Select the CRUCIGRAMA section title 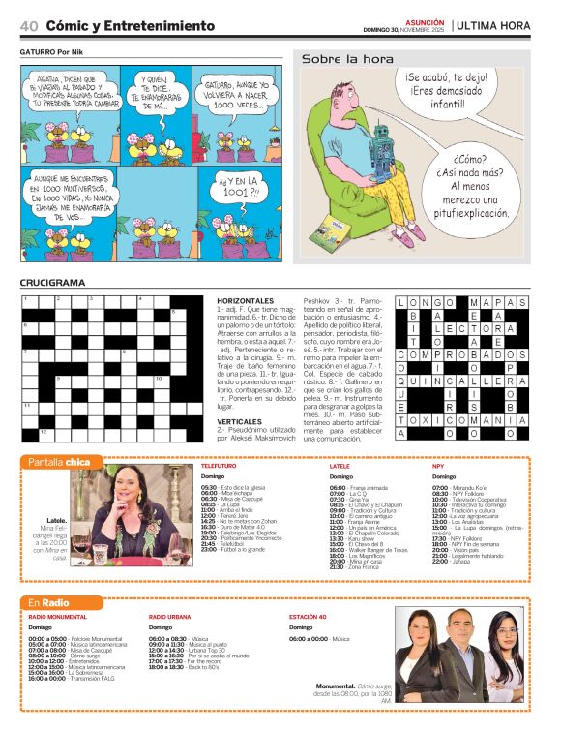52,283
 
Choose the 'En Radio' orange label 52,602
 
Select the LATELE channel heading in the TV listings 340,467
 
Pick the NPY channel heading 438,467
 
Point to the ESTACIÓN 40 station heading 312,617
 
